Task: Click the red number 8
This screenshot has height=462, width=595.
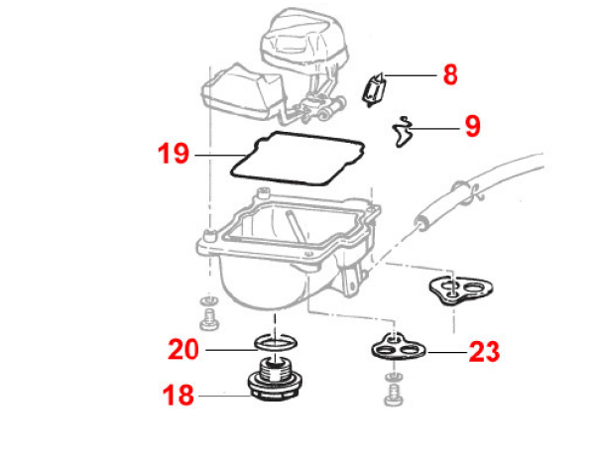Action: [x=450, y=75]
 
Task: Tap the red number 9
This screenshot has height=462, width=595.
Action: [x=472, y=127]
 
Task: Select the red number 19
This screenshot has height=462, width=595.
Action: [x=173, y=155]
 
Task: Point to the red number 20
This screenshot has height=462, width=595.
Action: [x=183, y=349]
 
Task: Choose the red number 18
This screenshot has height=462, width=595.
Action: [x=178, y=397]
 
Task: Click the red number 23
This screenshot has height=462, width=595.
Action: [x=484, y=352]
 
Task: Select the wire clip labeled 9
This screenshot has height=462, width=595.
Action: [x=402, y=130]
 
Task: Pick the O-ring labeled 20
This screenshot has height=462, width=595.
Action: [x=275, y=343]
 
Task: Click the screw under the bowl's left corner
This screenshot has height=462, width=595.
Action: [x=209, y=319]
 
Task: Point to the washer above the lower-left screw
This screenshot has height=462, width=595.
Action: [x=208, y=301]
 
